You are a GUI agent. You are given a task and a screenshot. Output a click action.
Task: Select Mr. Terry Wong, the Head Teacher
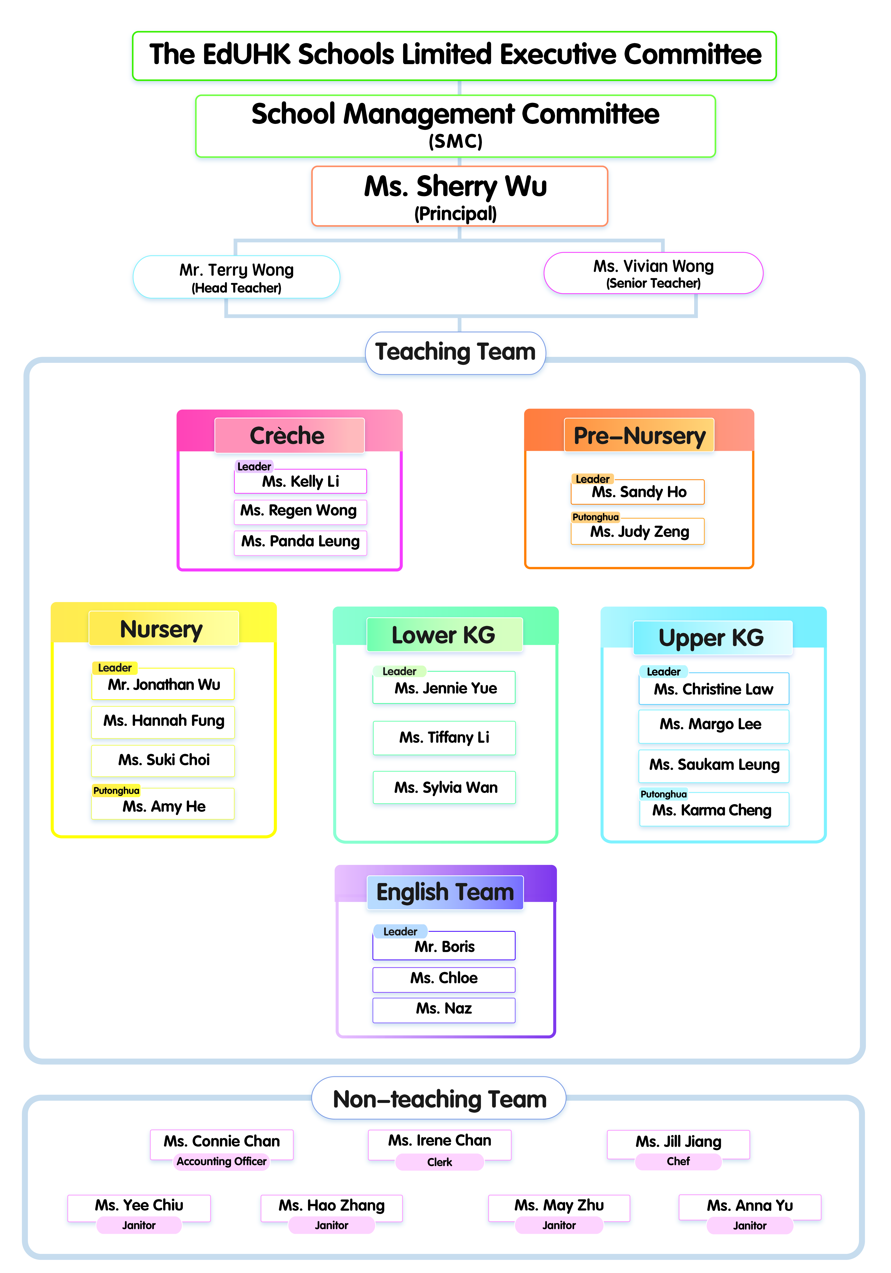(236, 277)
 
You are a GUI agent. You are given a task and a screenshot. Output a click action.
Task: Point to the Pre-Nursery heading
(639, 435)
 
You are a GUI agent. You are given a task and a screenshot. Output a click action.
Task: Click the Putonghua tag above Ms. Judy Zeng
(596, 517)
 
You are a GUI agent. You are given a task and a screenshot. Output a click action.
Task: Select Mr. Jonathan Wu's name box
(163, 684)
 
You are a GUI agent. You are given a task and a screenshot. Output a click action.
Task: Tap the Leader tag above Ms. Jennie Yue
(399, 671)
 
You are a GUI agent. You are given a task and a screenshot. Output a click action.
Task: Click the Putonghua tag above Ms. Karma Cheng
(664, 794)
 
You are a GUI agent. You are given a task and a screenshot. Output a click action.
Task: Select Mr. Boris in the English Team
(444, 946)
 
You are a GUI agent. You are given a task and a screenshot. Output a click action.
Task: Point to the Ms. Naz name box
(444, 1009)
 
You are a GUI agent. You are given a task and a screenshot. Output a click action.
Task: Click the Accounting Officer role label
(222, 1161)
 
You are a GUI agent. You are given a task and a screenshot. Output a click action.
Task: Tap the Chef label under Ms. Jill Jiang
(678, 1161)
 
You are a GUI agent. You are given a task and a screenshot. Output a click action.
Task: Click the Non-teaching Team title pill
(439, 1098)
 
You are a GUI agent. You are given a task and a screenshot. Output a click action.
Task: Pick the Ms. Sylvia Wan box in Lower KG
(444, 787)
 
